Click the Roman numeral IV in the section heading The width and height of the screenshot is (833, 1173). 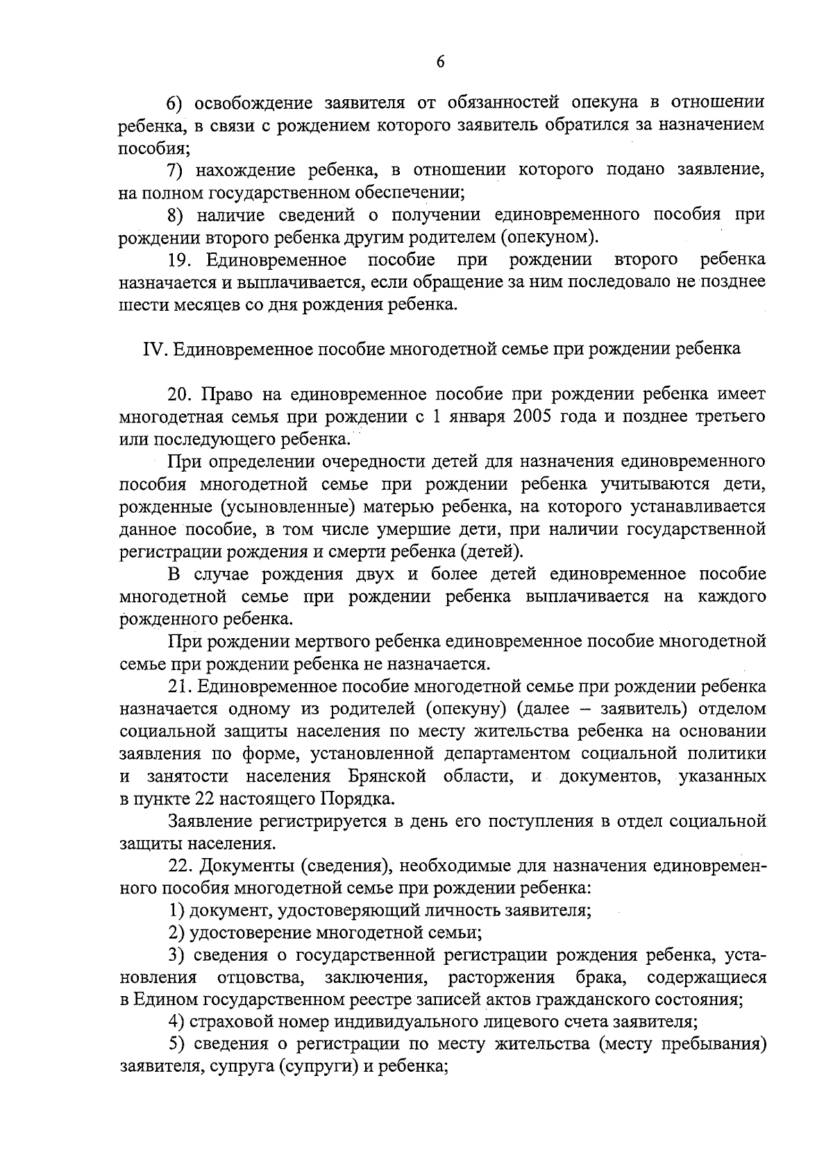click(151, 349)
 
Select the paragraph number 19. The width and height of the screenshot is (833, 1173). click(180, 259)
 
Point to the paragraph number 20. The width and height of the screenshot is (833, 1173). click(180, 394)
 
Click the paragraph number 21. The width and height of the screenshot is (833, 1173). click(180, 687)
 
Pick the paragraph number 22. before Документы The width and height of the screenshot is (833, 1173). click(180, 866)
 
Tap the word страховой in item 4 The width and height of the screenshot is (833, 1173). click(232, 1022)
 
